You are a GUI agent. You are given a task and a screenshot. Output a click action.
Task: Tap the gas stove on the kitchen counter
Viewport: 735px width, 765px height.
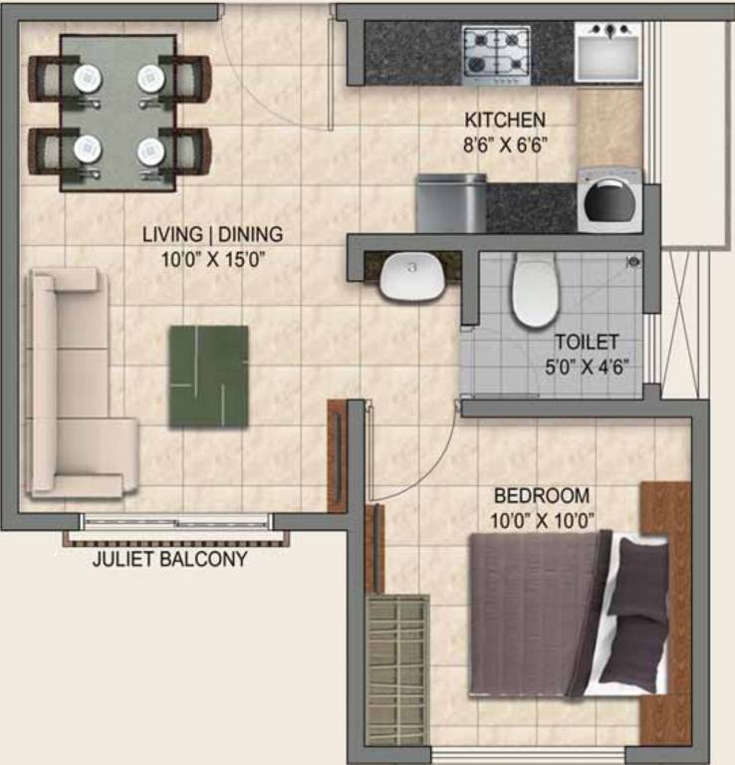[496, 55]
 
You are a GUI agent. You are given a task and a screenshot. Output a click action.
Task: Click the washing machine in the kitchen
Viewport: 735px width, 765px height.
[610, 200]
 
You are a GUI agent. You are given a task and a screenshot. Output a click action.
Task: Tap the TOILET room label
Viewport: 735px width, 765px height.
[587, 342]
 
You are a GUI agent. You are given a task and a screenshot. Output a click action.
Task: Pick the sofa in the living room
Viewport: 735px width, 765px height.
[76, 382]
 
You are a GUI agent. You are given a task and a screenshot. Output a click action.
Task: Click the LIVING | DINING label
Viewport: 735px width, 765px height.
[212, 235]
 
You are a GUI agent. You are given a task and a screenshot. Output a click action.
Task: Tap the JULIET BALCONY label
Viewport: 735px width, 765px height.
[169, 559]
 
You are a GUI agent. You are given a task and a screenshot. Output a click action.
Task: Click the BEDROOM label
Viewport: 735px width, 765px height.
[542, 495]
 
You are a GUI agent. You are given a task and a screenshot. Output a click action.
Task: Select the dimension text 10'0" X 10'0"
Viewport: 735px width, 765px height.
[542, 518]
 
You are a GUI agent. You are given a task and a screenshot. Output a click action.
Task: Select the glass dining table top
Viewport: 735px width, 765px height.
[120, 112]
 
